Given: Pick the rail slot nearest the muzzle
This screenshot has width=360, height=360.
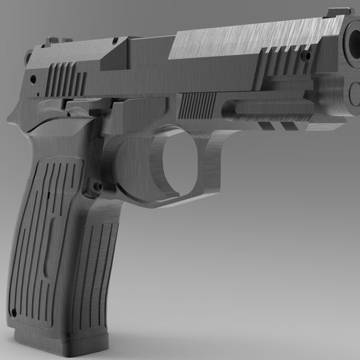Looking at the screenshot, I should coord(286,126).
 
